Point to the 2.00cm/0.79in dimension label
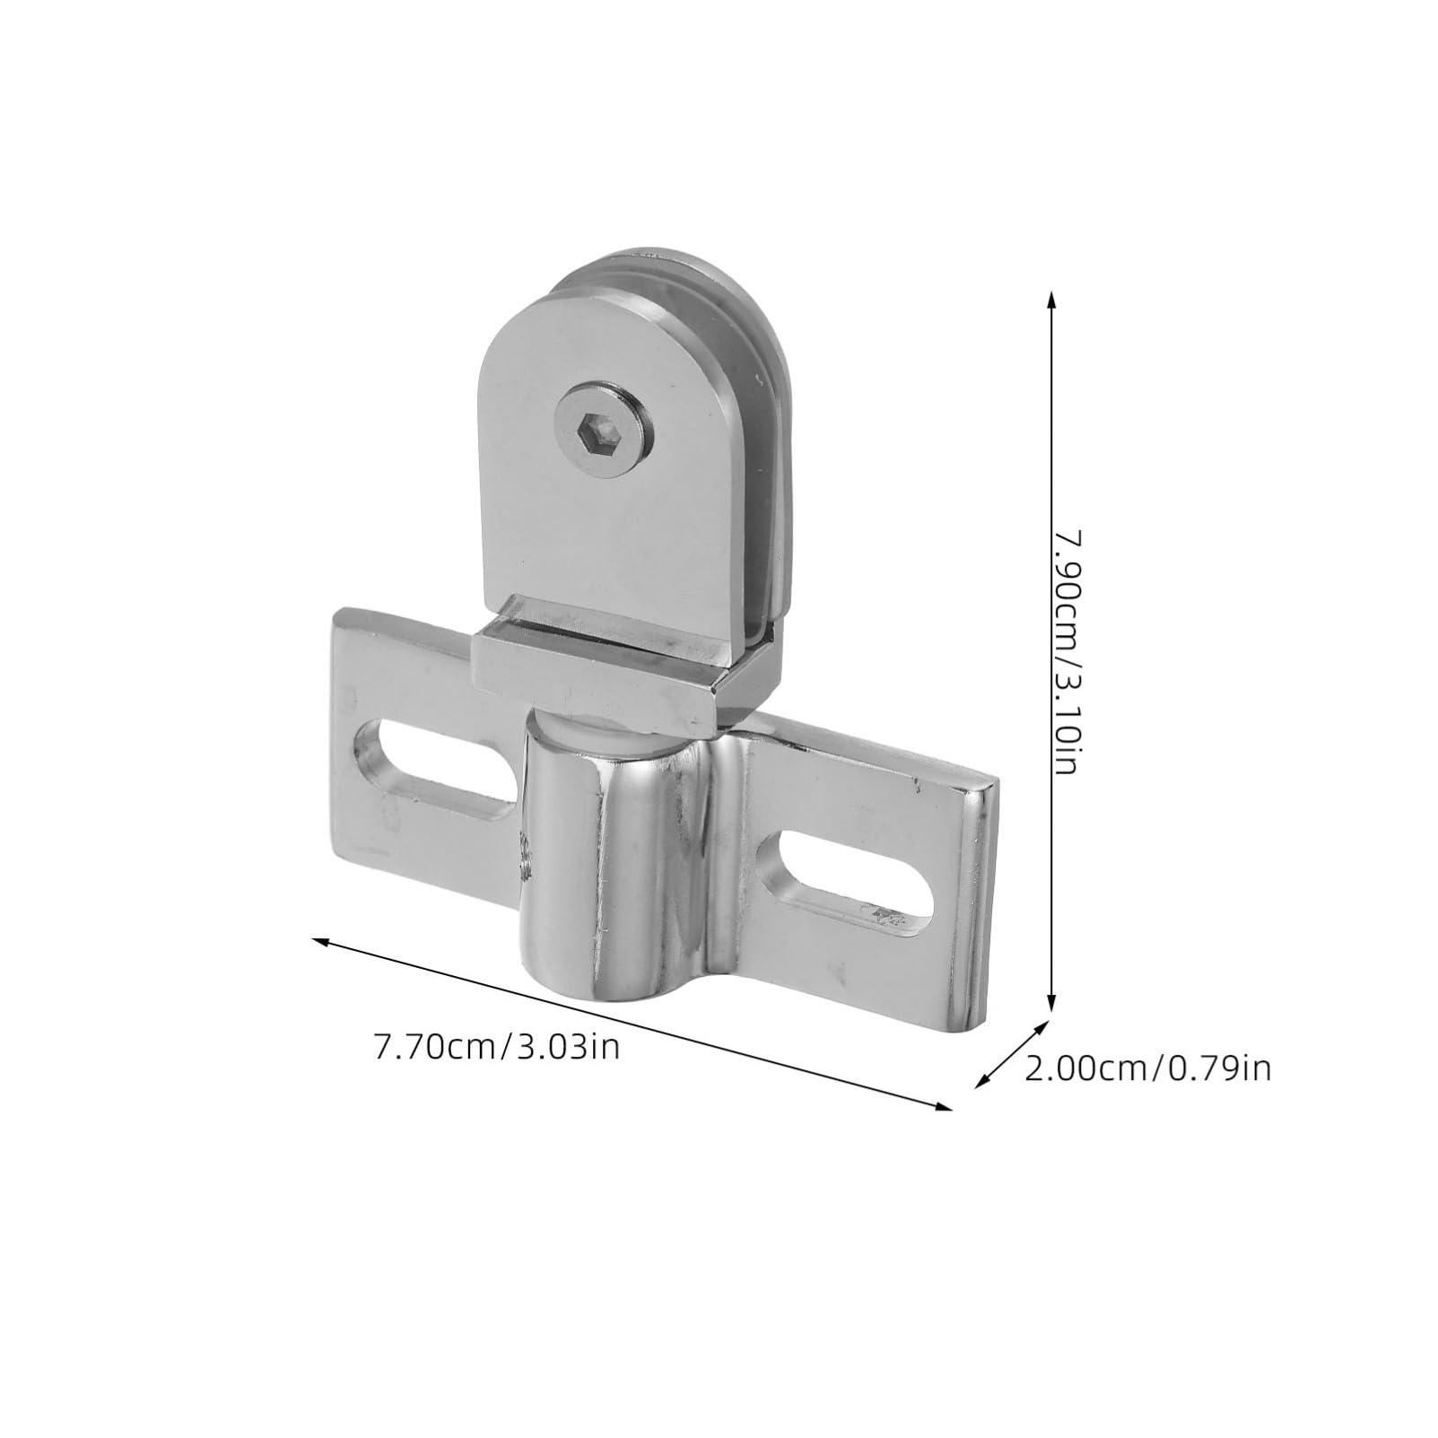tap(1147, 1068)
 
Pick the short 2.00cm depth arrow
tap(1012, 1054)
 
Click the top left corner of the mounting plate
tap(341, 614)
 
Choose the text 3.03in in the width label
tap(569, 1047)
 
